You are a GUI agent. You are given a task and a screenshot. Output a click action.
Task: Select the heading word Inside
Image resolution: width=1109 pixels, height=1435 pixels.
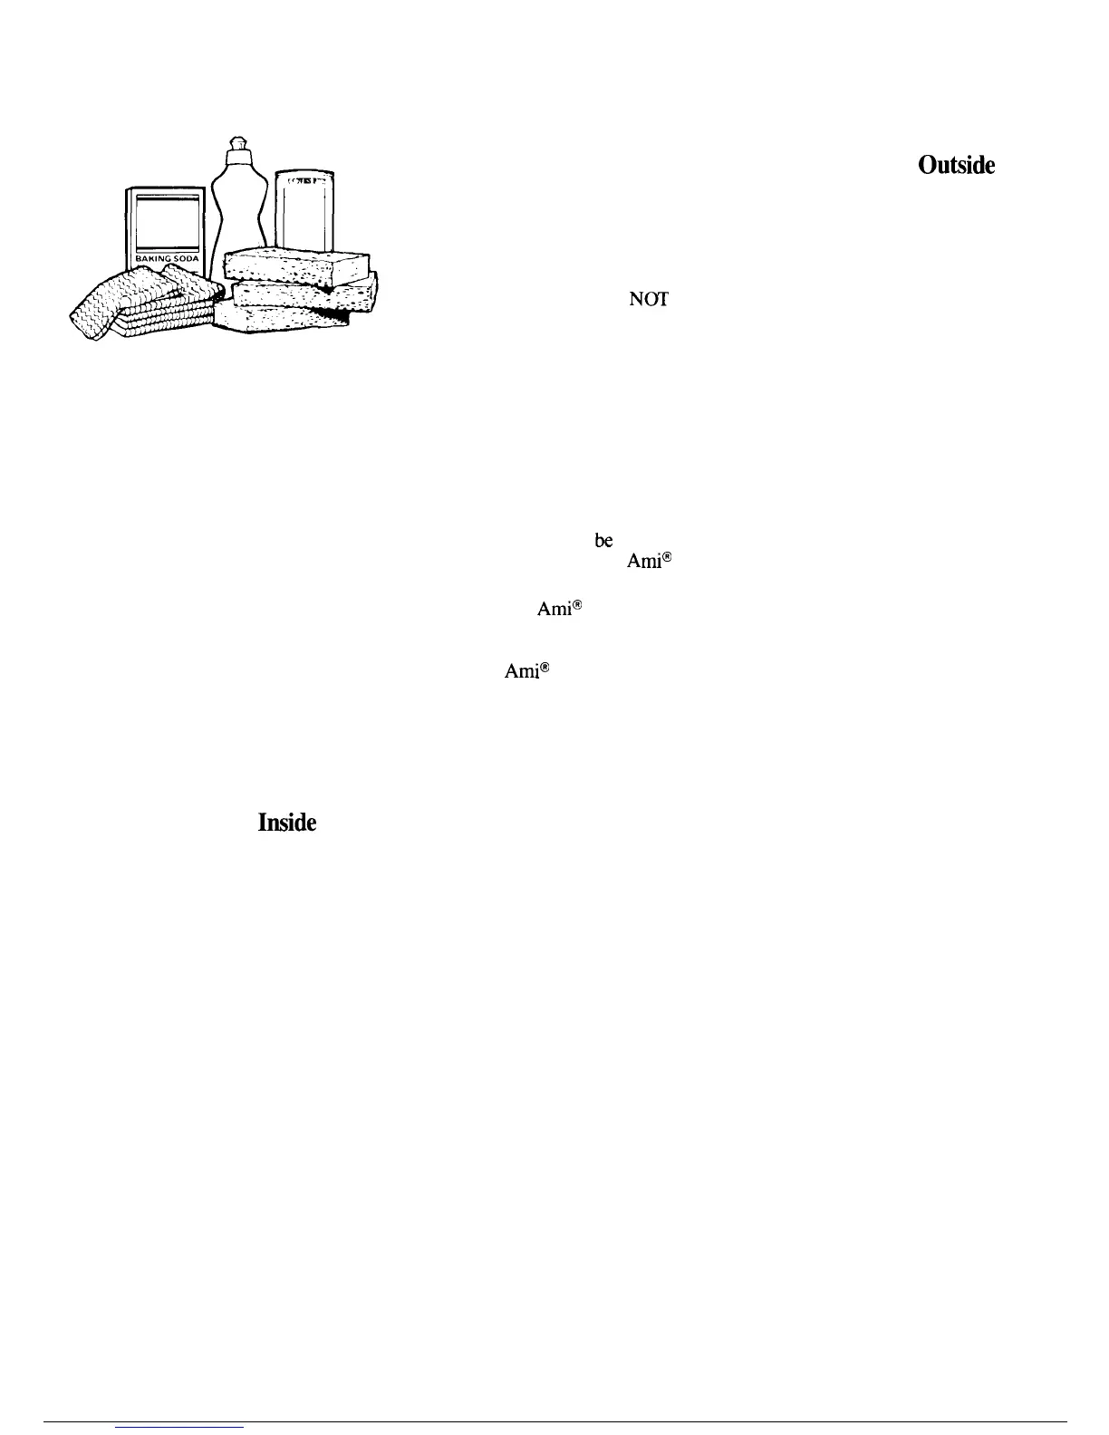(286, 823)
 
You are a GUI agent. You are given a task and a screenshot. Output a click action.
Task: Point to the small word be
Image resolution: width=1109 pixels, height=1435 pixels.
(603, 540)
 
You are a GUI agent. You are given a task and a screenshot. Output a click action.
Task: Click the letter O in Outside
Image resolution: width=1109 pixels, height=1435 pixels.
(928, 166)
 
